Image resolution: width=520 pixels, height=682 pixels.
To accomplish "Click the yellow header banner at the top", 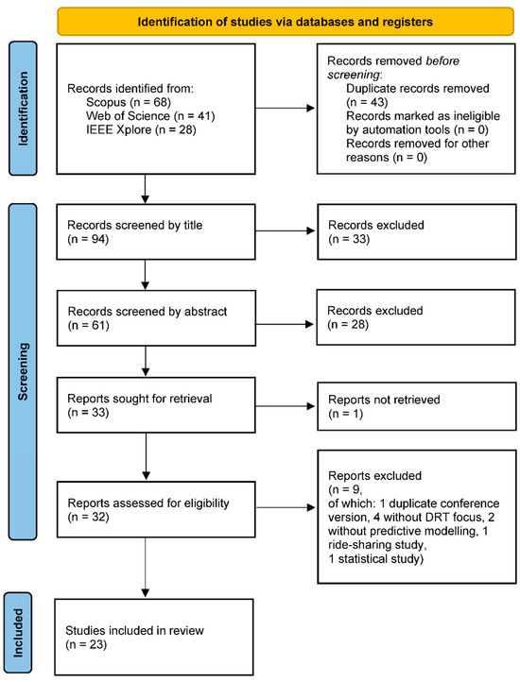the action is pyautogui.click(x=286, y=22).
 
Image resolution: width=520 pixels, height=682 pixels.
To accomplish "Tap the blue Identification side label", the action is pyautogui.click(x=23, y=109).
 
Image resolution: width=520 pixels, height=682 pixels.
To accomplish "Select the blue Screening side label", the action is pyautogui.click(x=23, y=371).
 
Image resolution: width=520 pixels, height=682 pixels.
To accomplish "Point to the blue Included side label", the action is pyautogui.click(x=18, y=633).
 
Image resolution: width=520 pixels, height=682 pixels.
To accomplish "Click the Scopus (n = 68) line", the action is pyautogui.click(x=129, y=102).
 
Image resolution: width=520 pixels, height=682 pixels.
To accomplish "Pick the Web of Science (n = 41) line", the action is pyautogui.click(x=150, y=116).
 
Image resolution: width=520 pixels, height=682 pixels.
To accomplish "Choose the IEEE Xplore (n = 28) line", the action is pyautogui.click(x=141, y=129).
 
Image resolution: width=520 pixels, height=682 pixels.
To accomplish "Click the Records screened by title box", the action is pyautogui.click(x=156, y=231).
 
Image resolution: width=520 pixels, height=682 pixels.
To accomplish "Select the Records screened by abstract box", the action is pyautogui.click(x=156, y=318).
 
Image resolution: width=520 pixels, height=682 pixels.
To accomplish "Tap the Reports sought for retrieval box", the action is pyautogui.click(x=156, y=405).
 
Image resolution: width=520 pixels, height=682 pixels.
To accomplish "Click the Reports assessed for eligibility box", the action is pyautogui.click(x=156, y=509).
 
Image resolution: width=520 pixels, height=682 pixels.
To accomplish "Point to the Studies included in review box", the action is pyautogui.click(x=154, y=638).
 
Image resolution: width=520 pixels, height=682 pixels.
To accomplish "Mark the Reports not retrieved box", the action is pyautogui.click(x=417, y=406).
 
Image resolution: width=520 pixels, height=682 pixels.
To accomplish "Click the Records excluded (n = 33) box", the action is pyautogui.click(x=417, y=231).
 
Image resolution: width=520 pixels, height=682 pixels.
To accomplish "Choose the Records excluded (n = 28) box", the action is pyautogui.click(x=416, y=317).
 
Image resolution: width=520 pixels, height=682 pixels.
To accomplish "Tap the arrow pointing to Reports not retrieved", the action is pyautogui.click(x=286, y=406).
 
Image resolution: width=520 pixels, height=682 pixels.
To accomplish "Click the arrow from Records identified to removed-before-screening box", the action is pyautogui.click(x=286, y=109).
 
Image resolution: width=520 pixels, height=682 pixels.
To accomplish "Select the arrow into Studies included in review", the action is pyautogui.click(x=146, y=568).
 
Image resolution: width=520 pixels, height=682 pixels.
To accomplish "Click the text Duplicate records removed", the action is pyautogui.click(x=418, y=88).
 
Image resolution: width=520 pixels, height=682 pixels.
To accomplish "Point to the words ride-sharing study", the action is pyautogui.click(x=377, y=545).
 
